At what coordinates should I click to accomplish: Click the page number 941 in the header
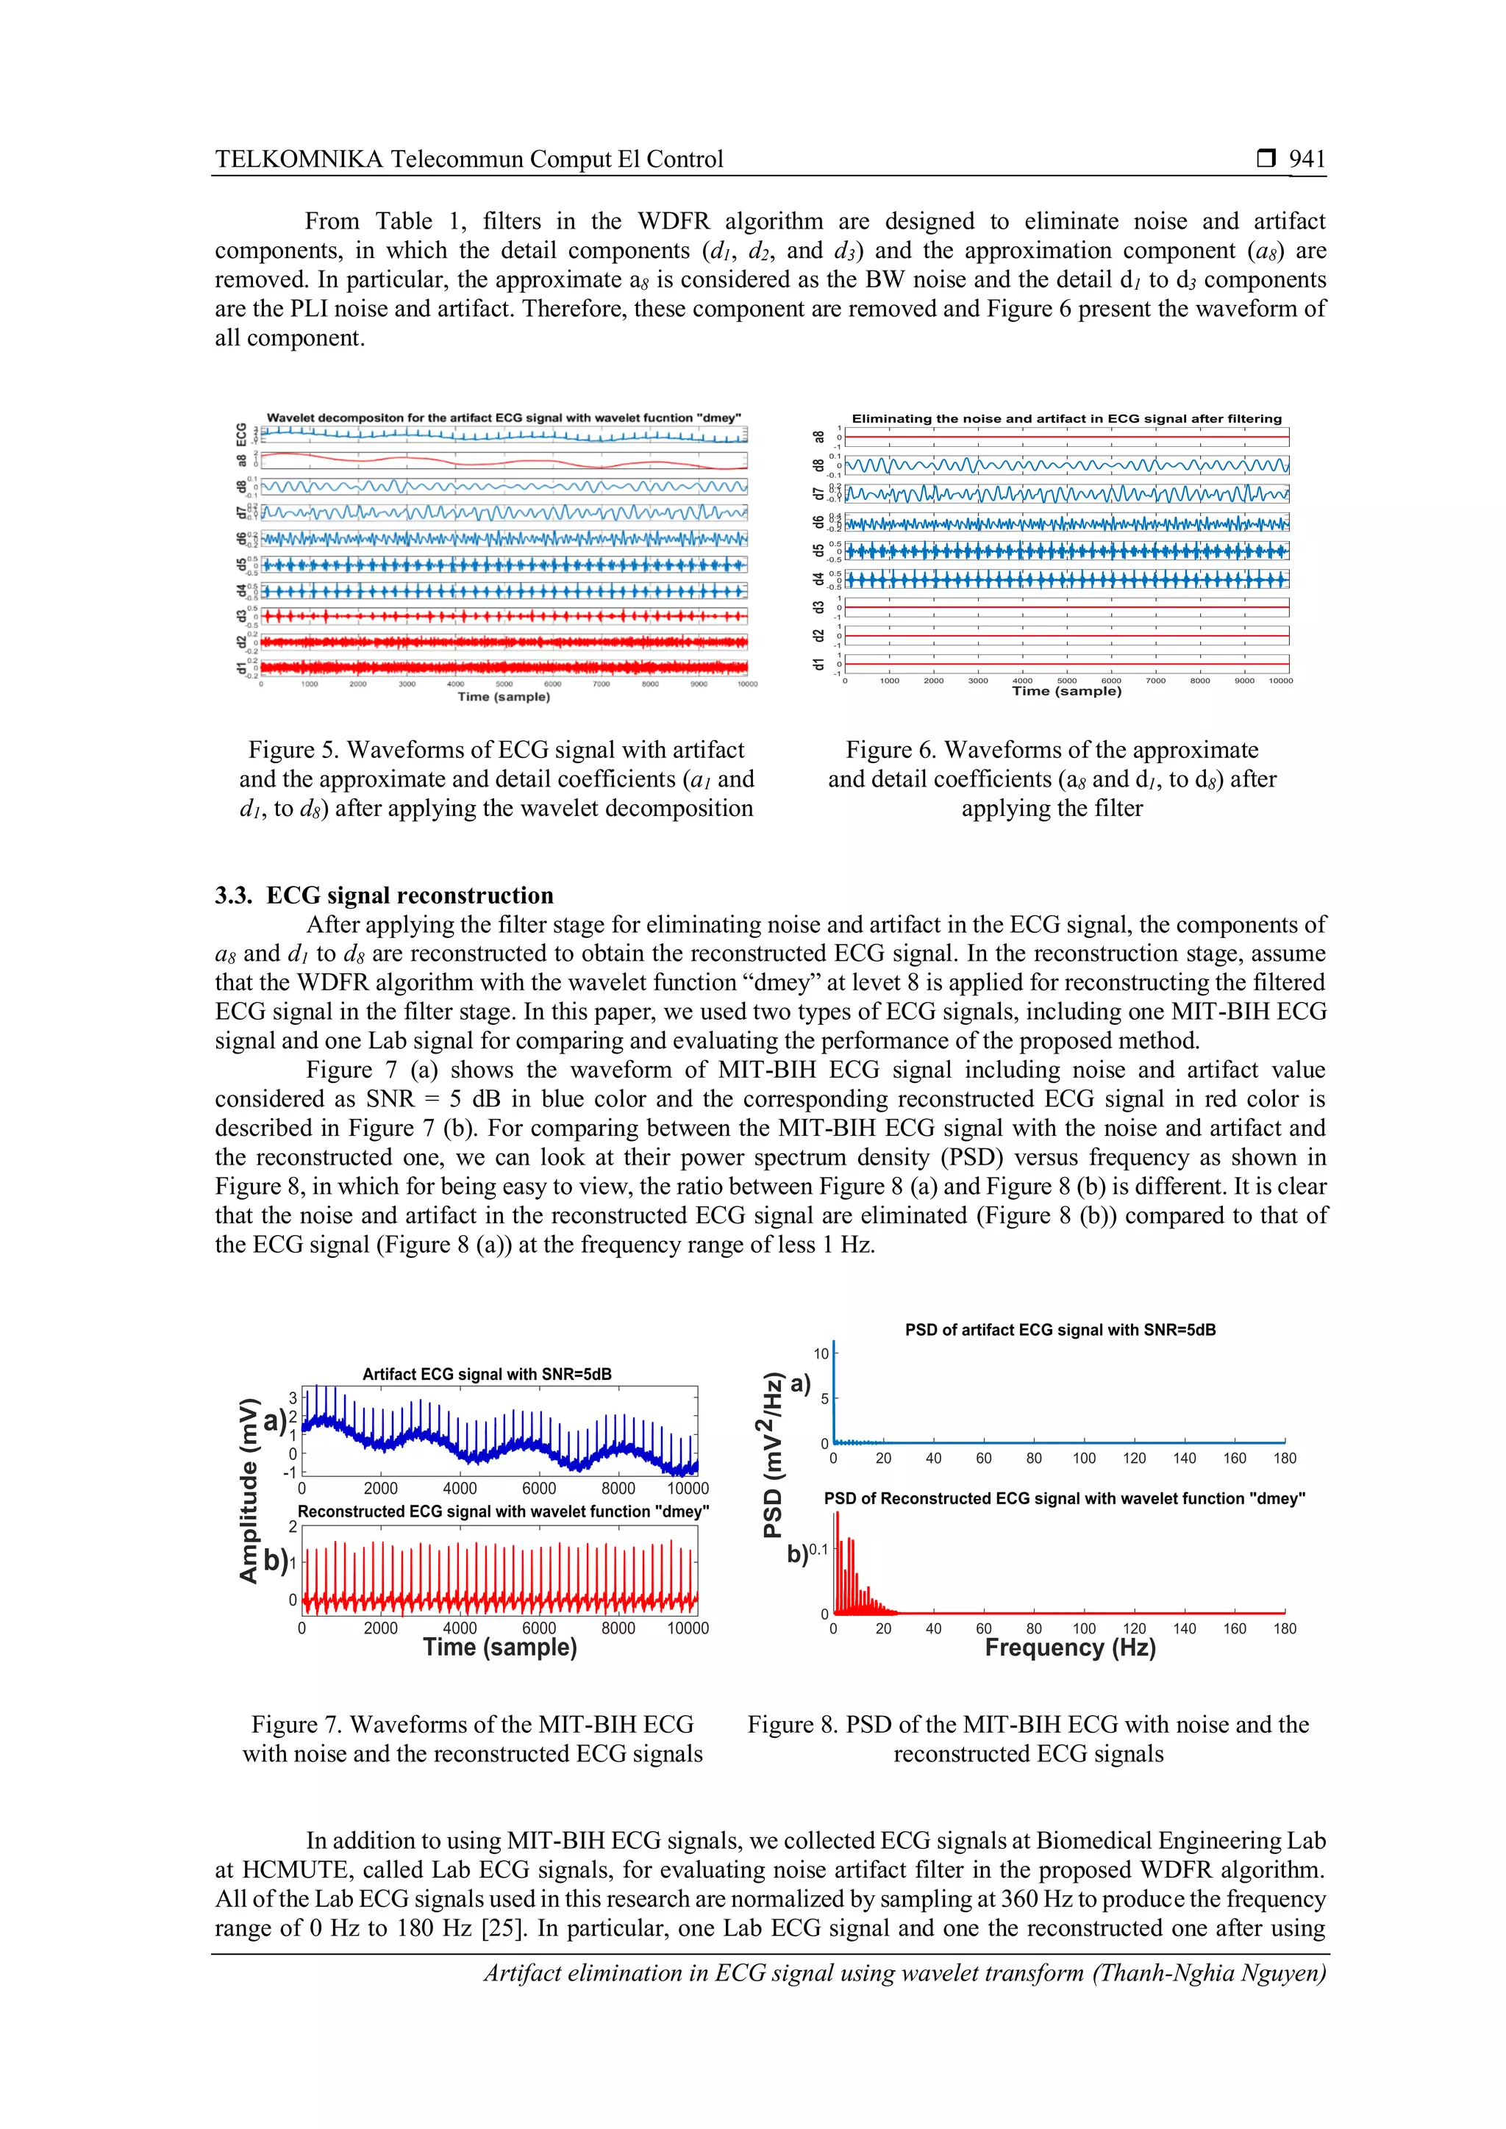pyautogui.click(x=1307, y=159)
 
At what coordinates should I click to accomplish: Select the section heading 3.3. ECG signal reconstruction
pyautogui.click(x=384, y=895)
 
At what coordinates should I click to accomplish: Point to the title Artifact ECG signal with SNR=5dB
pyautogui.click(x=486, y=1374)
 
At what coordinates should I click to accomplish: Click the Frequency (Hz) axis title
pyautogui.click(x=1069, y=1647)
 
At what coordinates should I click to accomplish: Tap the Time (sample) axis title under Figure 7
pyautogui.click(x=500, y=1647)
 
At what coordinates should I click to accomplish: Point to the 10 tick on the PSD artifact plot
pyautogui.click(x=821, y=1354)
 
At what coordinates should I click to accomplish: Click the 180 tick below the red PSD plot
pyautogui.click(x=1285, y=1628)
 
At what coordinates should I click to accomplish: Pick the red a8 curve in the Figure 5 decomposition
pyautogui.click(x=501, y=461)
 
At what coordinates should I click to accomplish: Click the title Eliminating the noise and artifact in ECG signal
pyautogui.click(x=1066, y=418)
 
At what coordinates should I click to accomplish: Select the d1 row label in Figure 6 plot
pyautogui.click(x=818, y=664)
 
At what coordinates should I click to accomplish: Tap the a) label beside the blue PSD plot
pyautogui.click(x=800, y=1384)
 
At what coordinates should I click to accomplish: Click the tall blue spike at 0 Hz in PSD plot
pyautogui.click(x=834, y=1391)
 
